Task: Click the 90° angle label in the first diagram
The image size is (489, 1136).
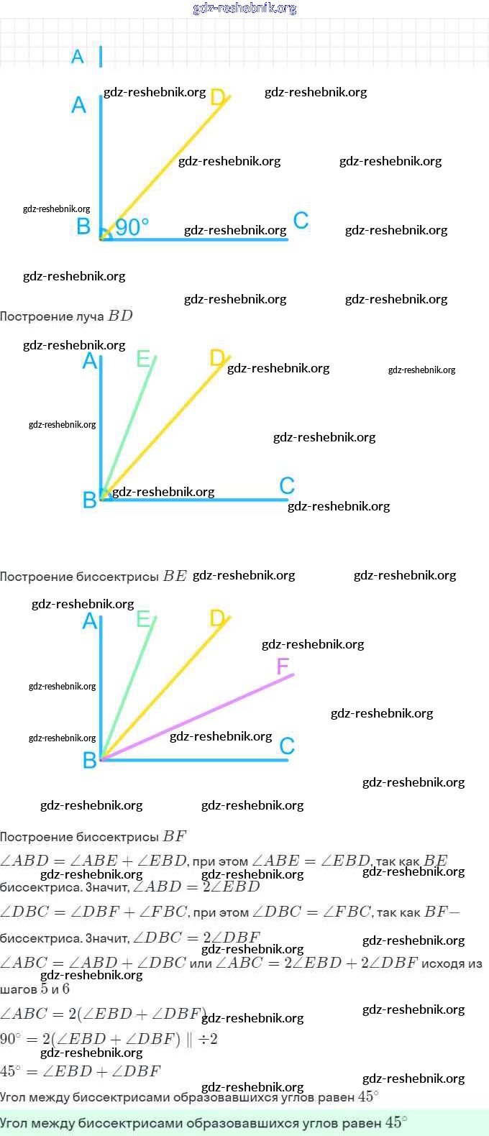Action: pos(132,227)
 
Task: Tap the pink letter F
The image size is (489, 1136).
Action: pos(283,667)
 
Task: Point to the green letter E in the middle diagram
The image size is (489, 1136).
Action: pos(144,358)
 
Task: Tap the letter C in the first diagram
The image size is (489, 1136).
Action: pos(301,220)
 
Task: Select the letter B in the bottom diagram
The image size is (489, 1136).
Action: pos(89,760)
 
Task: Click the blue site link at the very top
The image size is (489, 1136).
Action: pos(244,8)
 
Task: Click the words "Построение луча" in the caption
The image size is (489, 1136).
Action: pos(52,316)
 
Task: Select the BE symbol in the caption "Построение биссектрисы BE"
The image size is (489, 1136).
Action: pos(175,576)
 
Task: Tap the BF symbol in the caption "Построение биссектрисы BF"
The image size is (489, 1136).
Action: pos(175,836)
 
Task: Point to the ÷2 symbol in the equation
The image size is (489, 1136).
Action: pos(208,1039)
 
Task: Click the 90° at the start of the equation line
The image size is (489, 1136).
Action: pos(10,1039)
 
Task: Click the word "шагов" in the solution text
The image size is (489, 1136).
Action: pos(18,989)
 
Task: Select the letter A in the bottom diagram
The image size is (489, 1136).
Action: pos(89,620)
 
